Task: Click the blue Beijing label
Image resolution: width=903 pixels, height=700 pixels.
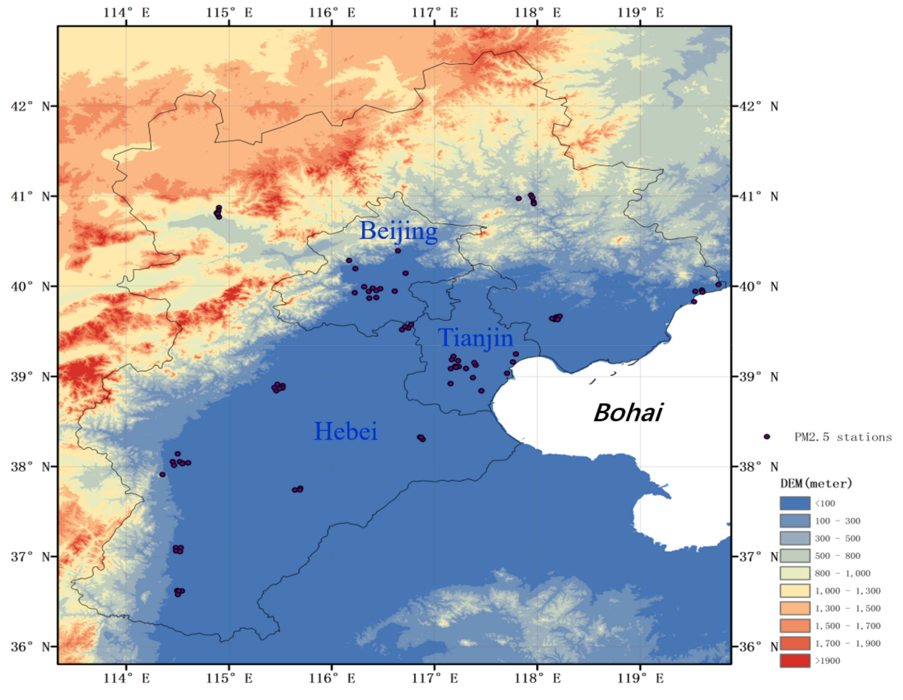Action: click(x=398, y=231)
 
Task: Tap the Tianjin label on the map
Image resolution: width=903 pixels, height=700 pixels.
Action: click(x=475, y=338)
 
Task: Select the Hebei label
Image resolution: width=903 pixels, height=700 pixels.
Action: click(x=346, y=432)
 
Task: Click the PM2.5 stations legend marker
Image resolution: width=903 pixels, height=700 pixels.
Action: click(x=767, y=437)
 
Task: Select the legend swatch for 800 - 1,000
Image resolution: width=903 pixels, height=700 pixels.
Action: click(x=795, y=573)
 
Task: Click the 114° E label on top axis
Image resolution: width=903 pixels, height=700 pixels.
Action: click(x=126, y=13)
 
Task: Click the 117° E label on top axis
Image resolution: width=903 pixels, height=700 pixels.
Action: click(x=435, y=13)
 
